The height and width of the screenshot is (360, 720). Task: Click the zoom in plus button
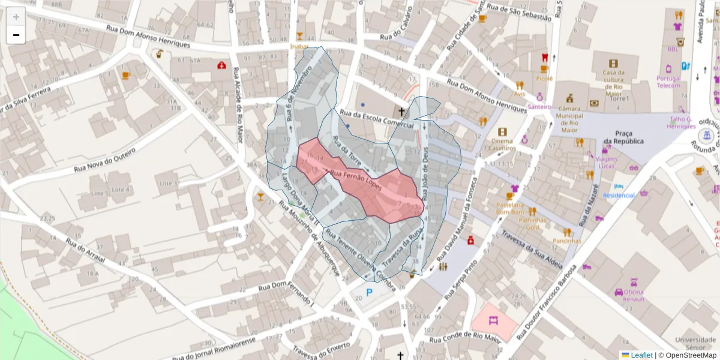tap(16, 17)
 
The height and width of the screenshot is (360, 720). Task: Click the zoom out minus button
tap(16, 35)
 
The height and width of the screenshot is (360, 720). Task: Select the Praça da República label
tap(623, 137)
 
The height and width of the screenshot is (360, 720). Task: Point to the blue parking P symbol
tap(370, 293)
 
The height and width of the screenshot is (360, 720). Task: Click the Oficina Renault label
tap(629, 295)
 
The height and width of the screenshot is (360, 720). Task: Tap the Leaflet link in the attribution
tap(640, 355)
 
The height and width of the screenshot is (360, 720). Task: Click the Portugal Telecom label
tap(668, 82)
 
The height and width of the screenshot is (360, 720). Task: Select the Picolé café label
tap(544, 79)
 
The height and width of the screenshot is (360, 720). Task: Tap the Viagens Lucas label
tap(607, 162)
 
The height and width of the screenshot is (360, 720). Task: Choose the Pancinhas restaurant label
tap(567, 241)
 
